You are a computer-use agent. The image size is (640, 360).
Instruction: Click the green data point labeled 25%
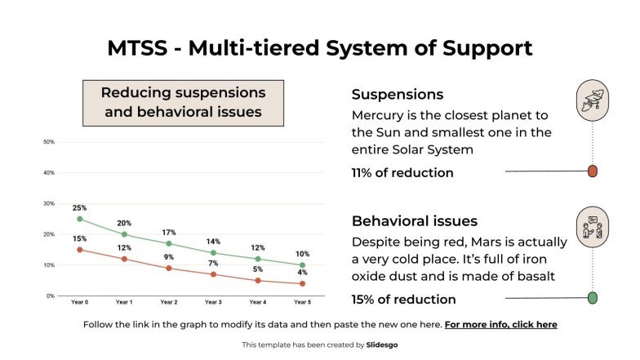pos(79,219)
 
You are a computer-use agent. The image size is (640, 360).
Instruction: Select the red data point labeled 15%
pos(79,250)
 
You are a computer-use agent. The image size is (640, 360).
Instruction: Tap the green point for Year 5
pos(302,265)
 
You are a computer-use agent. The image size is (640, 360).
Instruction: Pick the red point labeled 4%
pos(302,284)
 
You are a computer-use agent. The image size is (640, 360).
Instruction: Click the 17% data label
pos(168,232)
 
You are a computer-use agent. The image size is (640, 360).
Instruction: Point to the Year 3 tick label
pos(213,302)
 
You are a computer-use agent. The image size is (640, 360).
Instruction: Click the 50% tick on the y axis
pos(49,142)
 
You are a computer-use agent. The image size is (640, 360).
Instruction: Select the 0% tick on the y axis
pos(50,296)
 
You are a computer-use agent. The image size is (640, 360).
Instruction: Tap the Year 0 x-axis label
pos(79,302)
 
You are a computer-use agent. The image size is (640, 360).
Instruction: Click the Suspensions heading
pos(398,95)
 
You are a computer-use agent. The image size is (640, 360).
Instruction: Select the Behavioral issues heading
pos(415,221)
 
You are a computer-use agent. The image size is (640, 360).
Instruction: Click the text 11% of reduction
pos(402,172)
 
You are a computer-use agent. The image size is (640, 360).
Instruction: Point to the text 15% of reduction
pos(403,299)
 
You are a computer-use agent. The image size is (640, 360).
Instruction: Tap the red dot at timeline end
pos(593,171)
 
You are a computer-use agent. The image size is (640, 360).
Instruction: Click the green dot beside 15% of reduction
pos(593,298)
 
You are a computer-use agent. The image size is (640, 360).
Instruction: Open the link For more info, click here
pos(500,325)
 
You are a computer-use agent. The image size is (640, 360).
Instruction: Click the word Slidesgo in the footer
pos(382,345)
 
